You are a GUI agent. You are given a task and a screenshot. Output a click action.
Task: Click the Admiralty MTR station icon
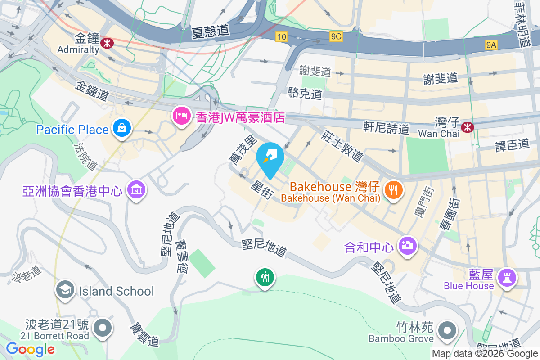point(107,43)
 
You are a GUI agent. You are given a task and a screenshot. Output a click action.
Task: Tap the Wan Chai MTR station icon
point(468,127)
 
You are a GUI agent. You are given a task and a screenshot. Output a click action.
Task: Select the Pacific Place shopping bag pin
point(122,128)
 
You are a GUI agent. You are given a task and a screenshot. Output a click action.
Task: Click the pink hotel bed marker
point(181,116)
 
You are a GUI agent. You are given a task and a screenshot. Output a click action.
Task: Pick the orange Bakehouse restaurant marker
point(394,190)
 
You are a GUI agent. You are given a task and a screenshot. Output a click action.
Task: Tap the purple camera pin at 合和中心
point(408,246)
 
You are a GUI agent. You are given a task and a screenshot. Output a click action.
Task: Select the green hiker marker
point(265,277)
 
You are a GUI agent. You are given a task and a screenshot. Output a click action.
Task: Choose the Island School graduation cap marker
point(65,291)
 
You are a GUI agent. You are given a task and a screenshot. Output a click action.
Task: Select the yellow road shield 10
point(282,37)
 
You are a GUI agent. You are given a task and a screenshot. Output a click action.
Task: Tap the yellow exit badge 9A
point(491,45)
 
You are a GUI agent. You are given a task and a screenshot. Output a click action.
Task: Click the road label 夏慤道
point(211,31)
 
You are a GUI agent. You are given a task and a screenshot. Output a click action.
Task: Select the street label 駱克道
point(305,94)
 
